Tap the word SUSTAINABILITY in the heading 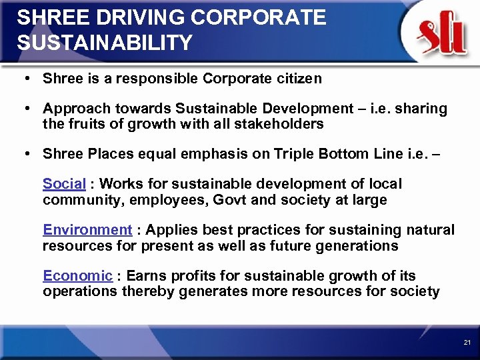[105, 43]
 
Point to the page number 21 [467, 343]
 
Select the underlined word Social [64, 183]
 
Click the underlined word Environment [87, 230]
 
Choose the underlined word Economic [77, 276]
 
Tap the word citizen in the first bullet [298, 79]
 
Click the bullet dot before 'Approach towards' [24, 109]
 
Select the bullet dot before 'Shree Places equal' [24, 154]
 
